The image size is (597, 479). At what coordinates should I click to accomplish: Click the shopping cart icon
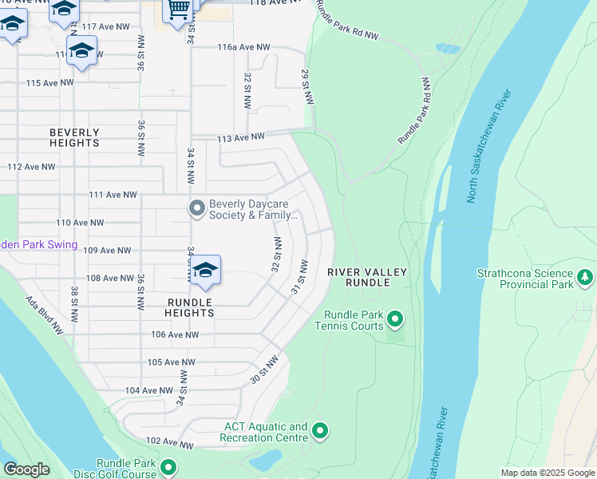(x=178, y=9)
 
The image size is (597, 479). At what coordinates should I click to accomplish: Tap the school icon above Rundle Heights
(x=205, y=271)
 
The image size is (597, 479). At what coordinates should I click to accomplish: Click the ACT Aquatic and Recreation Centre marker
(x=320, y=432)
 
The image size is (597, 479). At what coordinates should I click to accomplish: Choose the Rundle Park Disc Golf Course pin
(x=168, y=467)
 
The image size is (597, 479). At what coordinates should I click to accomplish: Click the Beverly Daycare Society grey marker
(x=196, y=209)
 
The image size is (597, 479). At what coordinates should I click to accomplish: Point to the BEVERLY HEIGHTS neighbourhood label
(x=74, y=137)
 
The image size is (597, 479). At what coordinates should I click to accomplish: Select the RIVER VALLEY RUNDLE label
(x=368, y=277)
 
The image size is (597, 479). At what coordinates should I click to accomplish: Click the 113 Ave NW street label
(x=241, y=138)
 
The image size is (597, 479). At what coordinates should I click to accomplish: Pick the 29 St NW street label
(x=306, y=85)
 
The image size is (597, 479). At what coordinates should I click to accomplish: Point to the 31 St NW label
(x=299, y=276)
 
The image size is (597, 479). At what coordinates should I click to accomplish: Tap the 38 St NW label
(x=73, y=303)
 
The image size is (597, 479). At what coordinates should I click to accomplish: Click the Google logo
(x=27, y=469)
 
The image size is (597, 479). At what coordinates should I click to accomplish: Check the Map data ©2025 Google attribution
(x=547, y=473)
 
